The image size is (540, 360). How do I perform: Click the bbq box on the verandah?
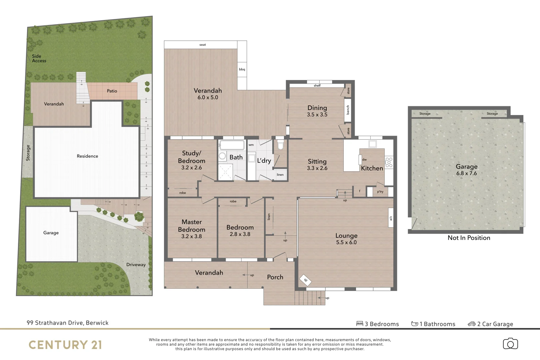242,69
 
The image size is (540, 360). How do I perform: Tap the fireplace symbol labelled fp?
306,280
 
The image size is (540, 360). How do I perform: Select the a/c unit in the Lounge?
391,218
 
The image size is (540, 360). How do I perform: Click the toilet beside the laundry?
280,145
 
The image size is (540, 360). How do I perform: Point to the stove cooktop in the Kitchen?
389,162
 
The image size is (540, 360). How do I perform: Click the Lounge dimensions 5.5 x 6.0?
346,242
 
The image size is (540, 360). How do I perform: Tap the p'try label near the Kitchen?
380,192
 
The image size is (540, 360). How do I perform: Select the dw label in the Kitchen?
364,159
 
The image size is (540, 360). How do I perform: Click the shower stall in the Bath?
225,172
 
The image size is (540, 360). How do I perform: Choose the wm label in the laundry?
251,145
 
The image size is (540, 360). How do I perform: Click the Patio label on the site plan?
112,91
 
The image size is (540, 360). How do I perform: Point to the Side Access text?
39,58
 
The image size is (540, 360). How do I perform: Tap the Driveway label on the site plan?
136,264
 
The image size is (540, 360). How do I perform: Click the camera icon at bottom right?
510,344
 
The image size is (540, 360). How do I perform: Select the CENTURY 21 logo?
65,345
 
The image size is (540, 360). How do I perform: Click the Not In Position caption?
469,238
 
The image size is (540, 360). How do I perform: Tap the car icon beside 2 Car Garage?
471,324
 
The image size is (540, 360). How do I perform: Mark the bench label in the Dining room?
348,110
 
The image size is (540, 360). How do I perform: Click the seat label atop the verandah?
203,45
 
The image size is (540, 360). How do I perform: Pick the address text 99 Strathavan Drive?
68,323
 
